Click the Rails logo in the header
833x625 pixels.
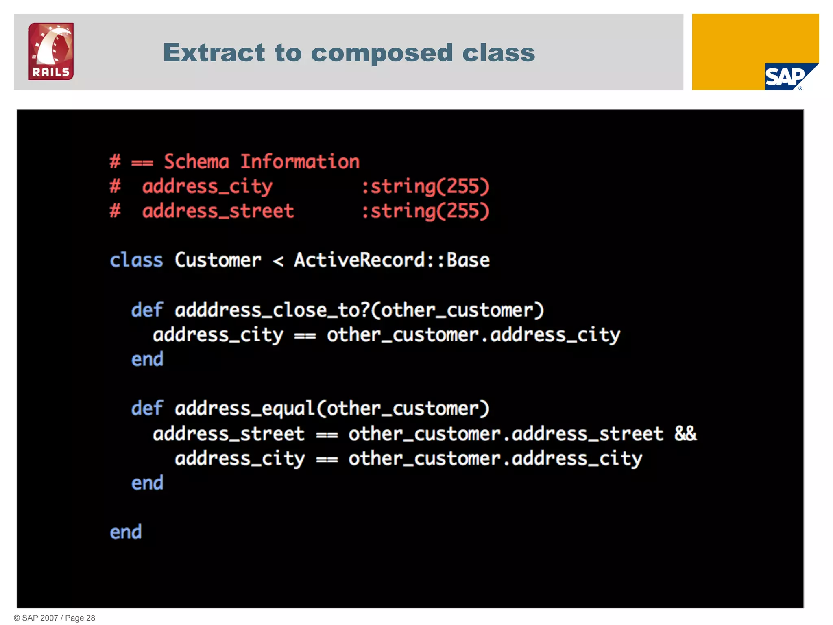(x=51, y=51)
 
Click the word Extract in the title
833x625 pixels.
(x=214, y=52)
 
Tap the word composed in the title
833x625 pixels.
(x=382, y=52)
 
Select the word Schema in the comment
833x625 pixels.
(x=196, y=162)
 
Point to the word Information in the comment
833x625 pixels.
(x=300, y=162)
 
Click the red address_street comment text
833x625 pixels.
(x=218, y=211)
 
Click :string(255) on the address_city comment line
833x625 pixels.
(x=425, y=187)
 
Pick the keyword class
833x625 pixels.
(x=136, y=260)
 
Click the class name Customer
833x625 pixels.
(x=218, y=260)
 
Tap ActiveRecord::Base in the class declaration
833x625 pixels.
(x=392, y=260)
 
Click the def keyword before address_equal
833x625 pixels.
(x=147, y=409)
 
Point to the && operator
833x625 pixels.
(x=685, y=434)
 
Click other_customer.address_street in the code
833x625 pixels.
(x=506, y=434)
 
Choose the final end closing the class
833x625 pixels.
(x=126, y=532)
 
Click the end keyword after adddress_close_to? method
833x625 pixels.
(x=147, y=360)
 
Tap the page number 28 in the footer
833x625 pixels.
(x=90, y=618)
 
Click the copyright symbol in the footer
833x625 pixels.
(x=17, y=618)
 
